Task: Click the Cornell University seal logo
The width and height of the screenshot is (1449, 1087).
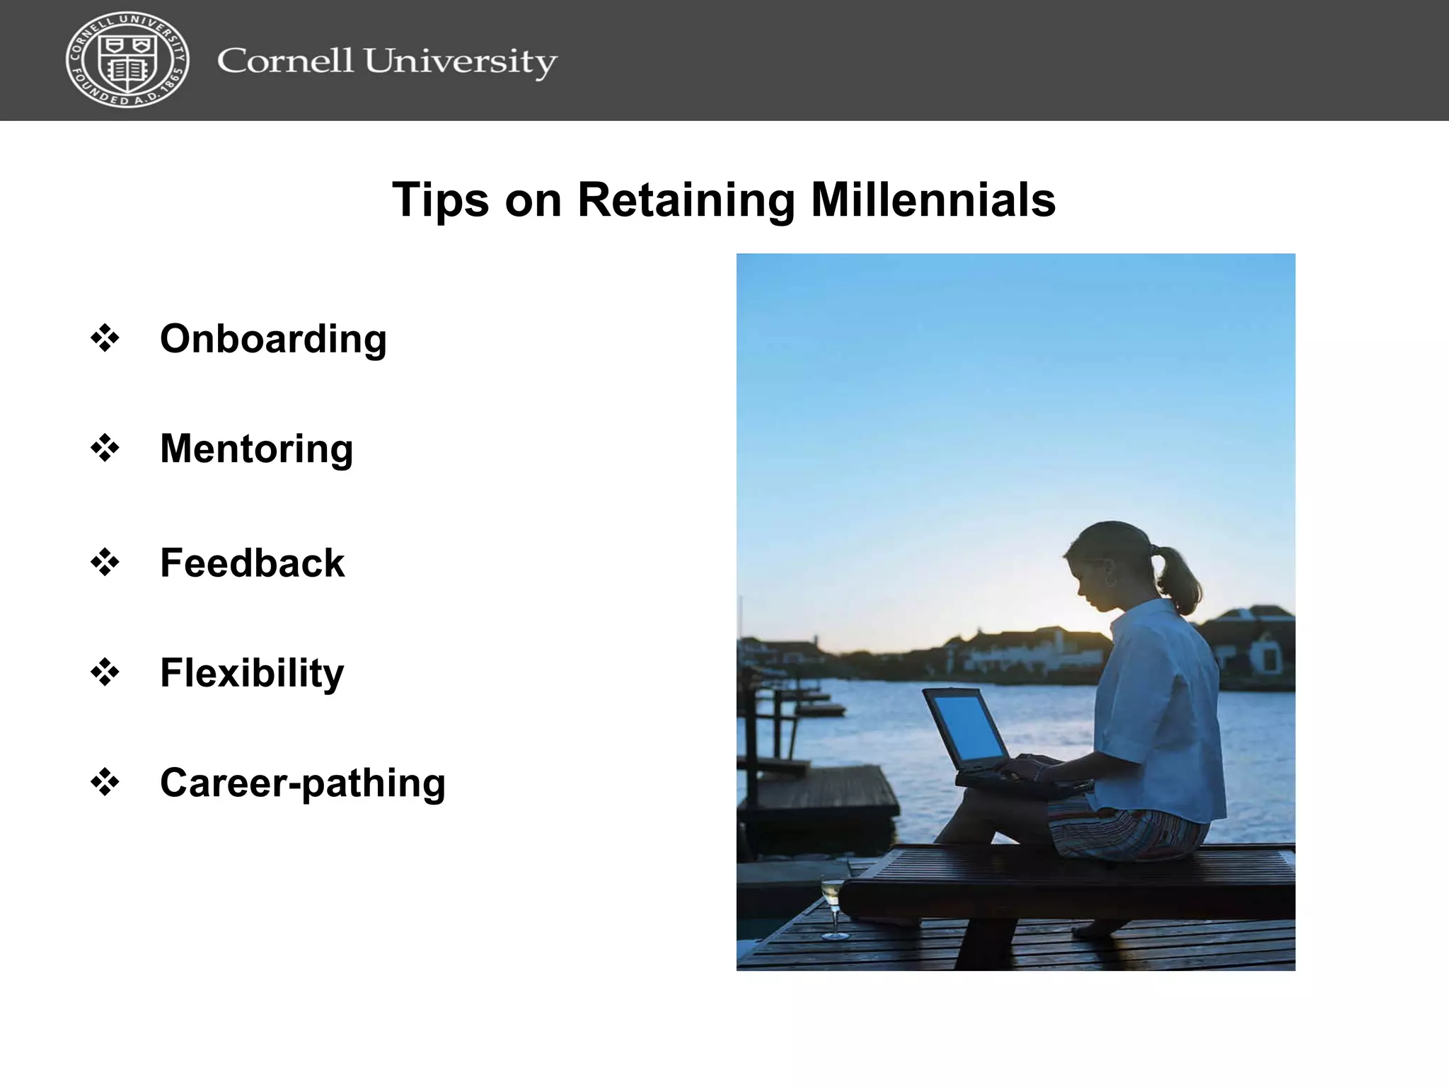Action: [127, 60]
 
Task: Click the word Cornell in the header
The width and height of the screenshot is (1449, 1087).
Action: [285, 61]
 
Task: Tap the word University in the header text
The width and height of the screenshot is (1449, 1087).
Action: [460, 62]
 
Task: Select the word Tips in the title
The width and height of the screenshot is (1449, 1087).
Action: [440, 201]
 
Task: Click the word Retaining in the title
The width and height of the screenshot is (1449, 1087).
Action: [686, 201]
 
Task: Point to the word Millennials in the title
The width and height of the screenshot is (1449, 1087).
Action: [933, 200]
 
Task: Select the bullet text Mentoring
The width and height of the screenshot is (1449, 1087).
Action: [256, 449]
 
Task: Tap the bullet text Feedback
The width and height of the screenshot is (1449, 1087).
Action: [252, 563]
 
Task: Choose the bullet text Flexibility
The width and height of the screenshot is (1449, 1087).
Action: [252, 673]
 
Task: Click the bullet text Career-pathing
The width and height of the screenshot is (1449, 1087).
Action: [303, 783]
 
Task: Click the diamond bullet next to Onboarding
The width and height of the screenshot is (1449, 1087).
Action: [105, 338]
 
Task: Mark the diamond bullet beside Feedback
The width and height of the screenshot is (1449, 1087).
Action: [105, 563]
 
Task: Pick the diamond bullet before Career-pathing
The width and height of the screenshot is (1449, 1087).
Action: [105, 783]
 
